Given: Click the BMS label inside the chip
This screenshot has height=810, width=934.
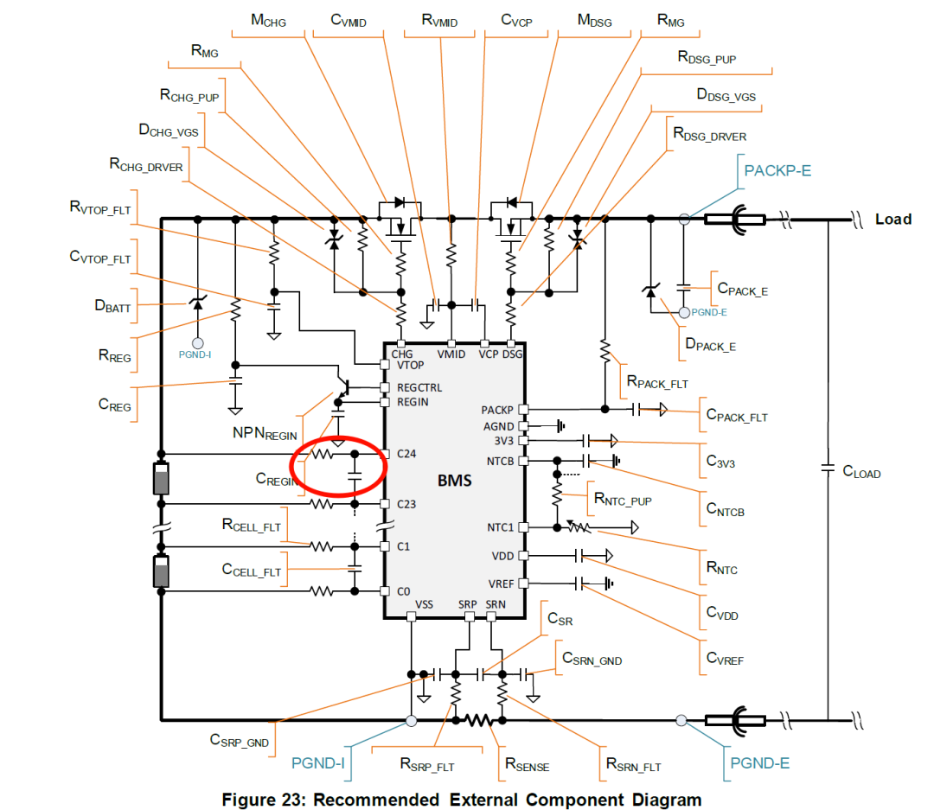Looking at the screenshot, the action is tap(455, 481).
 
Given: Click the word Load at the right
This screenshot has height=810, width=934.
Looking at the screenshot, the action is tap(892, 220).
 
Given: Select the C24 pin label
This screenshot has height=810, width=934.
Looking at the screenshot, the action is tap(406, 454).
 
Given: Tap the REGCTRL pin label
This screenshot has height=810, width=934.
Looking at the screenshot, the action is tap(419, 388).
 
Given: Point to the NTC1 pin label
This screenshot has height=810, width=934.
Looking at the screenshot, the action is tap(500, 527).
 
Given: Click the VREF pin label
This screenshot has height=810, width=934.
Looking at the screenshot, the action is tap(501, 584).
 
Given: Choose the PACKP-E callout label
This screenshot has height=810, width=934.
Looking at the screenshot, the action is tap(777, 171).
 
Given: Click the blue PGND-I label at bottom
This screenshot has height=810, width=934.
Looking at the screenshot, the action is tap(317, 763).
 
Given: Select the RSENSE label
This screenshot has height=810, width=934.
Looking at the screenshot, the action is tap(528, 765).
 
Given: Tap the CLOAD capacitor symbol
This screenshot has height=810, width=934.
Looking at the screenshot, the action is tap(828, 469).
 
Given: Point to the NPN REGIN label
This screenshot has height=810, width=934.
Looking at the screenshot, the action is tap(265, 434).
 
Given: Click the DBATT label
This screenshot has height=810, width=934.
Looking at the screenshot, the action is tap(112, 307).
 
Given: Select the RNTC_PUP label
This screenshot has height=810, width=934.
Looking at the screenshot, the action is tap(623, 499).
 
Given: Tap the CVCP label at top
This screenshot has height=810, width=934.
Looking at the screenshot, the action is tap(516, 21).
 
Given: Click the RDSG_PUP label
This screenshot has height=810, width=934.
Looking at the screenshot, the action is tap(707, 58).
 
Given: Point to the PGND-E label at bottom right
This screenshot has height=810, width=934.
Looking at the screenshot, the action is tap(759, 763).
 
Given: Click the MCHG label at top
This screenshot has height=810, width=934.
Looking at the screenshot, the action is tap(268, 21).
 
